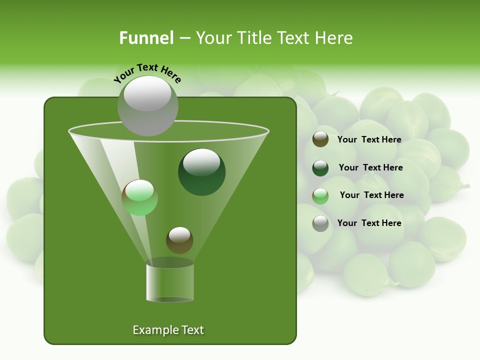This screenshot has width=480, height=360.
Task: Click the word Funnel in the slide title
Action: [x=146, y=38]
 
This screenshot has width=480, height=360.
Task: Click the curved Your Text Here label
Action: [x=147, y=72]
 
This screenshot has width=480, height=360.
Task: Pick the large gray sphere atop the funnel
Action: [x=147, y=105]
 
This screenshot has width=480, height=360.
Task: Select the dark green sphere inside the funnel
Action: [x=201, y=172]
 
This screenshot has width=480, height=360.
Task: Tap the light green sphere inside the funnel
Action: [x=139, y=197]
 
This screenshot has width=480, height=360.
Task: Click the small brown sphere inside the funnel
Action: [x=179, y=240]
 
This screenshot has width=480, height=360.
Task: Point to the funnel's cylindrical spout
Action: [x=170, y=282]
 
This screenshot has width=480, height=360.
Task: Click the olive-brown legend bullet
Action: [x=320, y=139]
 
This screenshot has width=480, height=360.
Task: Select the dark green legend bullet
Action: [x=320, y=168]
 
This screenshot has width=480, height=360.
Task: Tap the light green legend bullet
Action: [x=320, y=196]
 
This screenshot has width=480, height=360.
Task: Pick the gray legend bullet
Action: [x=320, y=223]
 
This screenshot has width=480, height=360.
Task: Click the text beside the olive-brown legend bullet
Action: [x=369, y=139]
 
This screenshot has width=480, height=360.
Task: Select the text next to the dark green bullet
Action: [x=370, y=167]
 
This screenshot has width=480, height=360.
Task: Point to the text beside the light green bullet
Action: [x=371, y=195]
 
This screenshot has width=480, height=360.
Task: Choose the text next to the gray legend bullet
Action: [x=369, y=223]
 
